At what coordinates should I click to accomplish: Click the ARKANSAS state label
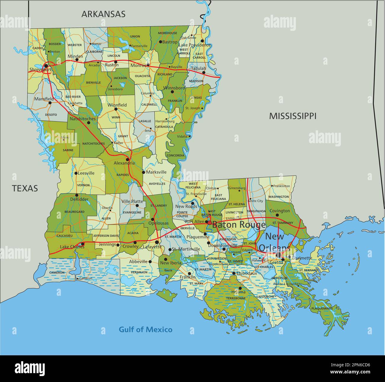pyautogui.click(x=103, y=14)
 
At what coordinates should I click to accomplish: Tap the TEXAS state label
pyautogui.click(x=25, y=188)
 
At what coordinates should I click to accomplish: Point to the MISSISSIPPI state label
pyautogui.click(x=293, y=116)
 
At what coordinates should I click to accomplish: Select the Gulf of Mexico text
pyautogui.click(x=145, y=329)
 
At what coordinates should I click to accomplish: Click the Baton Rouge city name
pyautogui.click(x=239, y=225)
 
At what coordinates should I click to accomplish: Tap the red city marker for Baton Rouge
pyautogui.click(x=209, y=222)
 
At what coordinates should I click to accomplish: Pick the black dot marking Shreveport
pyautogui.click(x=46, y=65)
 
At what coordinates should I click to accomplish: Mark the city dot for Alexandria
pyautogui.click(x=128, y=159)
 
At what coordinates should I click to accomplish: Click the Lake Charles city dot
pyautogui.click(x=83, y=244)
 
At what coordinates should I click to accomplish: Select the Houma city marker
pyautogui.click(x=240, y=288)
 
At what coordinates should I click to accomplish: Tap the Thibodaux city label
pyautogui.click(x=247, y=273)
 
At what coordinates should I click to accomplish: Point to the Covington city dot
pyautogui.click(x=277, y=215)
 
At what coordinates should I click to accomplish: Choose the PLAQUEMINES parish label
pyautogui.click(x=322, y=309)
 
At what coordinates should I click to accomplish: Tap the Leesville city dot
pyautogui.click(x=76, y=173)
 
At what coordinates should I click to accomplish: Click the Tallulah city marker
pyautogui.click(x=204, y=72)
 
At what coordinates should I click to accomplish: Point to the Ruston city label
pyautogui.click(x=112, y=65)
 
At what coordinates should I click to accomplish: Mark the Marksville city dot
pyautogui.click(x=143, y=172)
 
